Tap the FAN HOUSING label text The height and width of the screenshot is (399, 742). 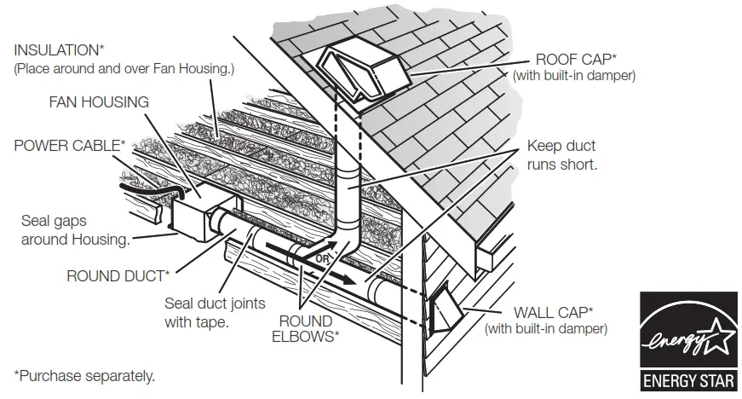point(98,101)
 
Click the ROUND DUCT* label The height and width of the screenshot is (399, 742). point(118,275)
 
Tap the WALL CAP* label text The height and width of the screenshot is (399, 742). point(553,311)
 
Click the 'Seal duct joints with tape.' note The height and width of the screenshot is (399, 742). point(215,312)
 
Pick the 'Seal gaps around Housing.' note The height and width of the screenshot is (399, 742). point(75,230)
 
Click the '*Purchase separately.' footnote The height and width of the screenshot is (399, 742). point(84,374)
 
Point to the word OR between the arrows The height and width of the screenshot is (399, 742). point(322,257)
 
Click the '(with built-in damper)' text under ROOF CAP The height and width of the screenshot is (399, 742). point(573,76)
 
